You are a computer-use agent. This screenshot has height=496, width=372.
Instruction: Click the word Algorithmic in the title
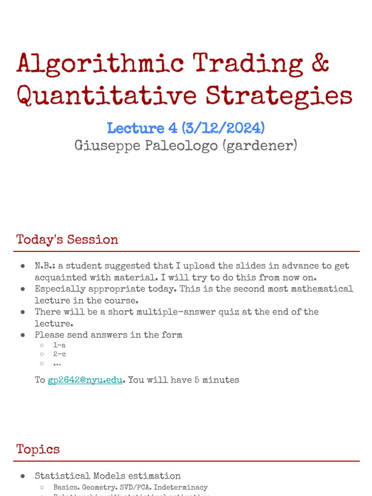pyautogui.click(x=100, y=64)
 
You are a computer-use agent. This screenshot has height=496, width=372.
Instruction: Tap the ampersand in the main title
pyautogui.click(x=319, y=64)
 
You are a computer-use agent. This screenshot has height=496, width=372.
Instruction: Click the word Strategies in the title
pyautogui.click(x=279, y=96)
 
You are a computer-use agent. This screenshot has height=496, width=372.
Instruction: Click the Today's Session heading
pyautogui.click(x=67, y=240)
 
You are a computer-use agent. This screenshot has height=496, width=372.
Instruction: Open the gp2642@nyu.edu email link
pyautogui.click(x=85, y=380)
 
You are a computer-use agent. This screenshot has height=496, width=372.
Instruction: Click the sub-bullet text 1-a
pyautogui.click(x=60, y=345)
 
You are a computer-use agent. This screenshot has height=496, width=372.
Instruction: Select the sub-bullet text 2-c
pyautogui.click(x=60, y=355)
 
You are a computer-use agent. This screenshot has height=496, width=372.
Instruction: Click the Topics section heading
pyautogui.click(x=38, y=449)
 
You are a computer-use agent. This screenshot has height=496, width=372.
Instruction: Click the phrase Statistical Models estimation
pyautogui.click(x=108, y=476)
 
